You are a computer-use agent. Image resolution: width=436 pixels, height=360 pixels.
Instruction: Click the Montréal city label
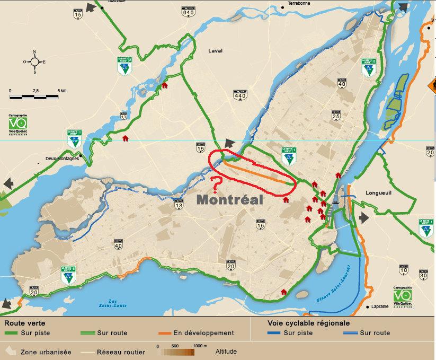(230, 200)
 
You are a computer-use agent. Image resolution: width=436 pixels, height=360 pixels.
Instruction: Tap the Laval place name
(216, 51)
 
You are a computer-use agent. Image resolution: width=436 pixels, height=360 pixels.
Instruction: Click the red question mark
(216, 185)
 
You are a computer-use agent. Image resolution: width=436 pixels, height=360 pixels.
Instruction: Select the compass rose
(34, 62)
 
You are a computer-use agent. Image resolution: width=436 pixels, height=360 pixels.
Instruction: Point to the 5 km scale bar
(34, 96)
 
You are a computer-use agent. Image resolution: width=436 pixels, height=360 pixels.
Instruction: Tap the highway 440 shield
(240, 94)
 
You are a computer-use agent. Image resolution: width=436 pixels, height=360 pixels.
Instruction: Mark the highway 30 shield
(423, 274)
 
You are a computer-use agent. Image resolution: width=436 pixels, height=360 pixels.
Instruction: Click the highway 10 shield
(404, 269)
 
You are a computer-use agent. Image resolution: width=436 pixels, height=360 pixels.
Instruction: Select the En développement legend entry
(197, 333)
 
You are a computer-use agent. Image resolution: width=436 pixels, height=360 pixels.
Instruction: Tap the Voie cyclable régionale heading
(308, 323)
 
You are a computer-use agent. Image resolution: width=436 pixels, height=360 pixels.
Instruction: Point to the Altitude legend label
(226, 351)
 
